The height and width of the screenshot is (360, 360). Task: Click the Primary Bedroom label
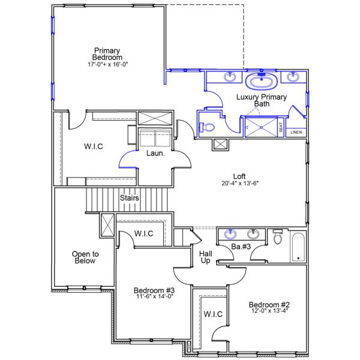coord(107,53)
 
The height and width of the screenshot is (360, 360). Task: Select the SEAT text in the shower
coord(280,128)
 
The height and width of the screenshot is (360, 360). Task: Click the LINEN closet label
coord(296,132)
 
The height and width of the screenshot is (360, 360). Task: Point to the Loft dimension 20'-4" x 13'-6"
coord(239,184)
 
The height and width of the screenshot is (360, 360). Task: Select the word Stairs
coord(130,198)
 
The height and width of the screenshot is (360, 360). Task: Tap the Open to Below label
coord(85,257)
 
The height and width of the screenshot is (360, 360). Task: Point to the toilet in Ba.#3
coord(277,238)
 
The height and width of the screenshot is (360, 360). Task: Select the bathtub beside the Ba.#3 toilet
coord(298,246)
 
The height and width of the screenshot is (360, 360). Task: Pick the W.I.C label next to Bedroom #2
coord(213,314)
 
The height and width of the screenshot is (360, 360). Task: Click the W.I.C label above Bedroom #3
coord(143,233)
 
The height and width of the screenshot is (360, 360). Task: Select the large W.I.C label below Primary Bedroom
coord(94,146)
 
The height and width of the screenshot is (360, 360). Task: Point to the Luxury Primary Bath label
coord(262,100)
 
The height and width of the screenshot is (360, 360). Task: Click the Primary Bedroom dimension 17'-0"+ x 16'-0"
coord(107,63)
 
